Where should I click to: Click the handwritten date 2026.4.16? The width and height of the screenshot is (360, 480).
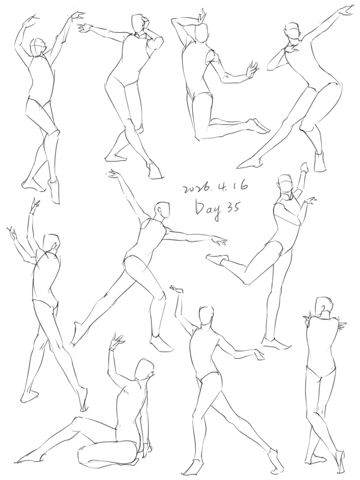coord(215,187)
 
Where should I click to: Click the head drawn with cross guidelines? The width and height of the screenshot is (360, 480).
coord(37,48)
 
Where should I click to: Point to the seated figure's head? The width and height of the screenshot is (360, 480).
coord(145,369)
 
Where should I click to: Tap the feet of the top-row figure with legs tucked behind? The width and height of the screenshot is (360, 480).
coord(259,126)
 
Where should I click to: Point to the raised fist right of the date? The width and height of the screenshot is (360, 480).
coord(305,168)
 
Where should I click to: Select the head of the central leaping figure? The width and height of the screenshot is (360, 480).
coord(162,211)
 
